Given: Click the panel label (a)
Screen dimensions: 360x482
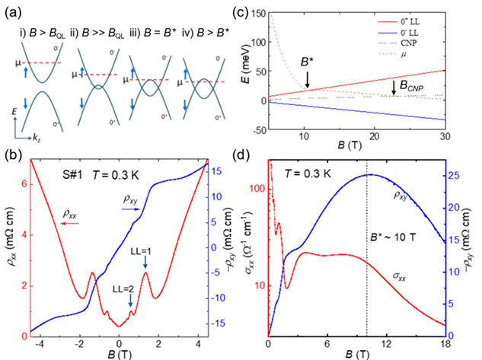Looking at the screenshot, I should pos(14,10).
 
